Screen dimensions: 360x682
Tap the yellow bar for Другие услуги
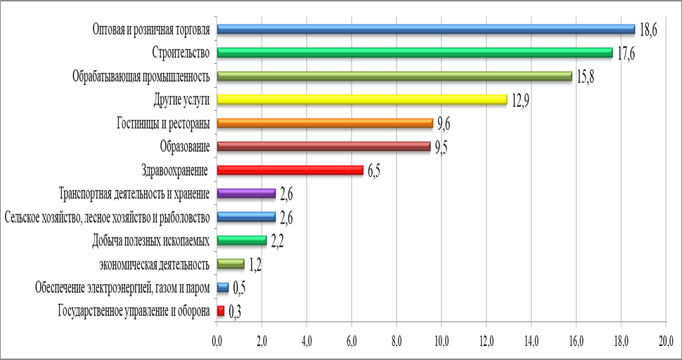(361, 100)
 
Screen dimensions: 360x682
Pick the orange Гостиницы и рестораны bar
(325, 123)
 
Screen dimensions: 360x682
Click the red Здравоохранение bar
(290, 170)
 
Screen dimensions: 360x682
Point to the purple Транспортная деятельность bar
(246, 193)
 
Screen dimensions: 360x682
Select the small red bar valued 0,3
(221, 310)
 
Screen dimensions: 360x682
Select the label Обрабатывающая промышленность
(142, 77)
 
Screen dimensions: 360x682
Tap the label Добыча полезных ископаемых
(151, 241)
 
